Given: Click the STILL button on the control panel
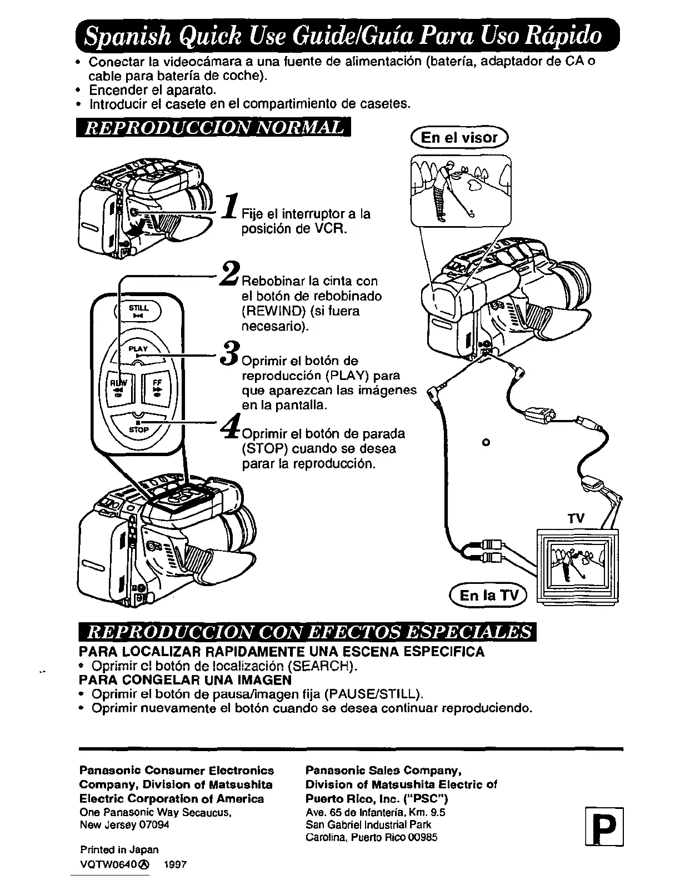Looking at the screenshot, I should (137, 311).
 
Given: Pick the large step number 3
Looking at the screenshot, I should (231, 353).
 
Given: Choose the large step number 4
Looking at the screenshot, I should (231, 428).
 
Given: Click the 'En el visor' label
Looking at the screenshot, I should (459, 137).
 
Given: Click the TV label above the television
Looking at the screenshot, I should (576, 518).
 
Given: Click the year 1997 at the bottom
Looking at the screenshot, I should (175, 864).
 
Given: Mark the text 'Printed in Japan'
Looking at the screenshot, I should (119, 849).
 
